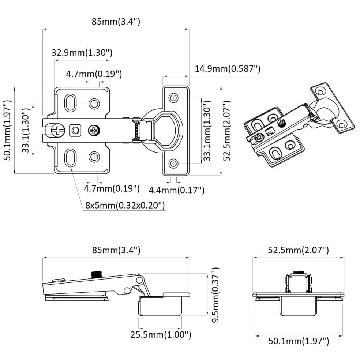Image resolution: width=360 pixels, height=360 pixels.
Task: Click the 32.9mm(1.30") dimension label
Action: [82, 53]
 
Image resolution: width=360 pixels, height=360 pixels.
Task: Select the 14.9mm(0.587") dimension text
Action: [228, 69]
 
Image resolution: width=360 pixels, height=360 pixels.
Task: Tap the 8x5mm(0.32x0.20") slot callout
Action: [125, 205]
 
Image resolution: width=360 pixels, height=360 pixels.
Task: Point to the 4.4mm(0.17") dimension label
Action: [177, 190]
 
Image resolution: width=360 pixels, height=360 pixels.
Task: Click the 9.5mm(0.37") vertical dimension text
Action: [215, 295]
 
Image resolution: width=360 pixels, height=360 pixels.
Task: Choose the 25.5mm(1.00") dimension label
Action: [161, 334]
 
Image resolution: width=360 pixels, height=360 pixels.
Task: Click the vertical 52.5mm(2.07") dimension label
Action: [227, 131]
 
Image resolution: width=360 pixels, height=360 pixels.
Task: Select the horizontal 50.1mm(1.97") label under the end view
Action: [299, 341]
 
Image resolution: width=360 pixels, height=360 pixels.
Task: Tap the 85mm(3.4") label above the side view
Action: [116, 250]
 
